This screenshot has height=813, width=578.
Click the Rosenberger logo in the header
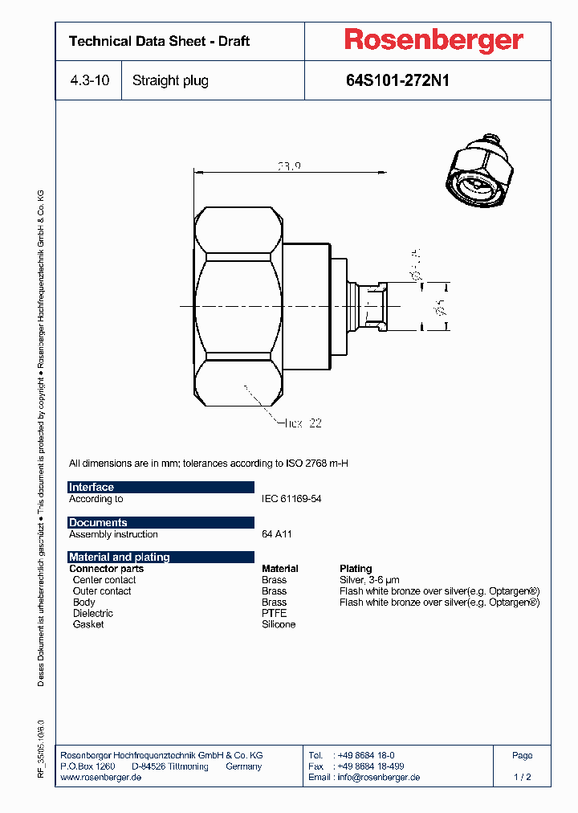[x=433, y=40]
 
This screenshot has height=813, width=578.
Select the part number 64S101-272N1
[x=397, y=80]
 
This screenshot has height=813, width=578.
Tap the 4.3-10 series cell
[x=88, y=80]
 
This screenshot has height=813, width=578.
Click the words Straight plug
[x=170, y=80]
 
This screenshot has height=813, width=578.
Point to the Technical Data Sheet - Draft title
[x=159, y=41]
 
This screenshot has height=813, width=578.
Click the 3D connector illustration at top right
[x=478, y=173]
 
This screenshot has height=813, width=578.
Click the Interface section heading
[x=92, y=488]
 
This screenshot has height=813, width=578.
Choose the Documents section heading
[x=98, y=523]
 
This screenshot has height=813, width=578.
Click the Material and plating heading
[x=119, y=558]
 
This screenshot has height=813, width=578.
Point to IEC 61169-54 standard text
[x=291, y=499]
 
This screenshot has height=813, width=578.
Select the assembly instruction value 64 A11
[x=278, y=534]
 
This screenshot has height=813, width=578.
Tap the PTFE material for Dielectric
[x=274, y=613]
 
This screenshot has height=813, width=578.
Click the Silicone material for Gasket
[x=279, y=624]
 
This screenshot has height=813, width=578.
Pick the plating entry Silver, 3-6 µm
[x=369, y=580]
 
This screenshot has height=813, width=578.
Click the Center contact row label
[x=104, y=580]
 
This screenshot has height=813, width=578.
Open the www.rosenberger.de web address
[x=101, y=778]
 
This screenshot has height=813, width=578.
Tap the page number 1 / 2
[x=522, y=778]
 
